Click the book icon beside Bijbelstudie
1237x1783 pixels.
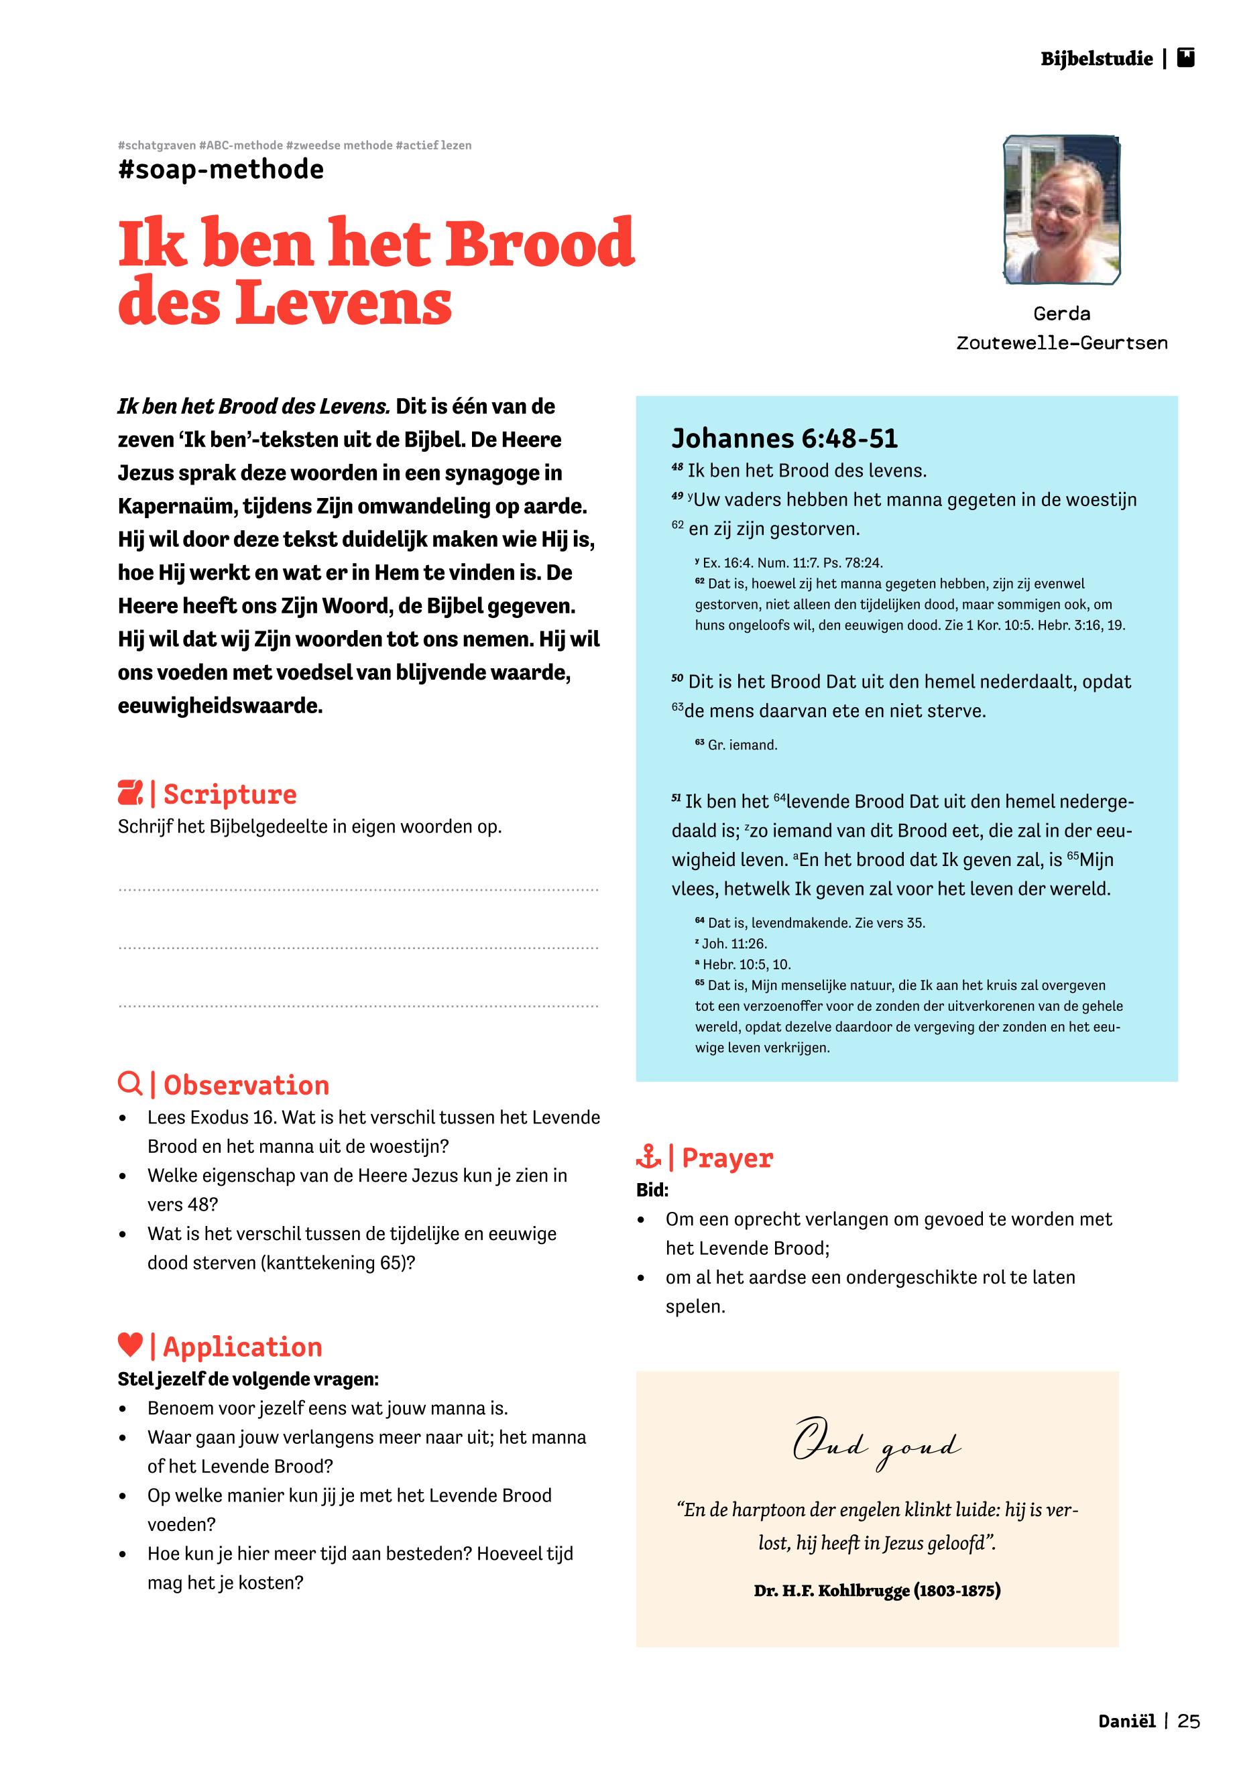(x=1185, y=58)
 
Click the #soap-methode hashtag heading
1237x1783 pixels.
(x=221, y=169)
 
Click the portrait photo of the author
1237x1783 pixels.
(x=1062, y=210)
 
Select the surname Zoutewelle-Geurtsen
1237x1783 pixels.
(x=1062, y=343)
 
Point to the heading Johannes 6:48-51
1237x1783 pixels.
(x=784, y=438)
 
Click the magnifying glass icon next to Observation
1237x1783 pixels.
(x=129, y=1083)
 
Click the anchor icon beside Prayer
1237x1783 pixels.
(x=648, y=1158)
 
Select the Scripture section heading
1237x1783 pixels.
(x=229, y=794)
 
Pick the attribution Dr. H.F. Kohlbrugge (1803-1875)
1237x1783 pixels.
(x=876, y=1591)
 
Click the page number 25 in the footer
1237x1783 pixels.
(x=1188, y=1721)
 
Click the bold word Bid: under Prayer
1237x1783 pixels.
(x=652, y=1189)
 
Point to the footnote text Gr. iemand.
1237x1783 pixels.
(x=742, y=745)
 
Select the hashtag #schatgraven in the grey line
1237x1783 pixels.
(x=157, y=145)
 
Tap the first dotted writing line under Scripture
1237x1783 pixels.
(x=358, y=890)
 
